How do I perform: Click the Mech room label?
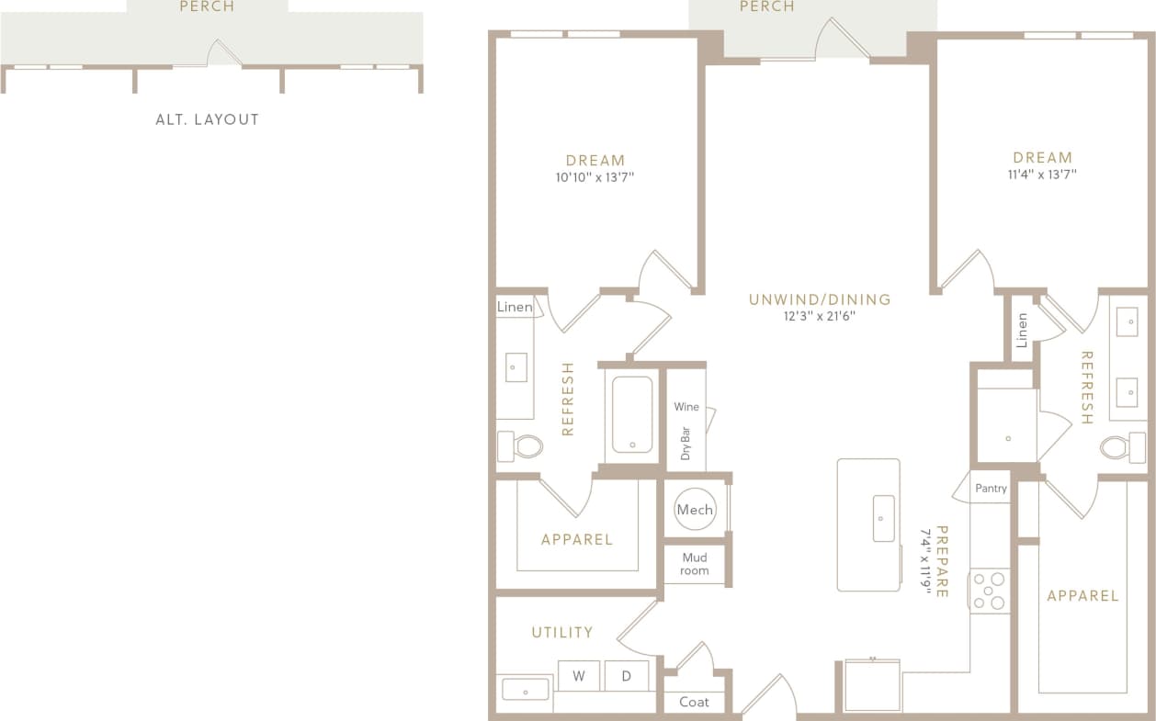coord(695,510)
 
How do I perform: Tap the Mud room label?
coord(695,564)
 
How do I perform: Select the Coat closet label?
coord(694,702)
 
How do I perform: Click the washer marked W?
coord(579,676)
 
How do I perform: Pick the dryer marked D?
coord(627,676)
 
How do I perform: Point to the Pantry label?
coord(991,489)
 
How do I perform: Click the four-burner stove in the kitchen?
coord(990,591)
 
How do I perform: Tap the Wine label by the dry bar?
coord(686,407)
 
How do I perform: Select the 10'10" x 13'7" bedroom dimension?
coord(595,178)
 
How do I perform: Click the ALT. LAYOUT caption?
coord(208,119)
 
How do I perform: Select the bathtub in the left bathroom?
coord(632,414)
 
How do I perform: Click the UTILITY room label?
coord(562,632)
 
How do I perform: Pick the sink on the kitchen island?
coord(883,518)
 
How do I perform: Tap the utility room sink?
coord(525,689)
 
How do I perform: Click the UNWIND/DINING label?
coord(820,299)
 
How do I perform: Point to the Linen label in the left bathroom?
coord(515,307)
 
